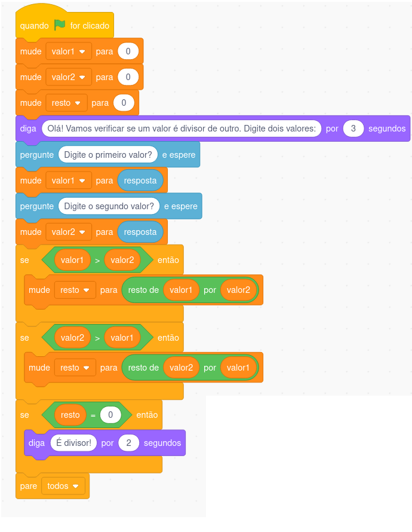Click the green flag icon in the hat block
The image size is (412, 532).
(60, 25)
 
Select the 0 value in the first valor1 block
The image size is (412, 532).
(128, 51)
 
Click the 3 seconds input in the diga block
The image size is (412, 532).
(353, 129)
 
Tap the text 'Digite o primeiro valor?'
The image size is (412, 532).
(108, 155)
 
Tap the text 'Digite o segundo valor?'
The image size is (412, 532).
(109, 206)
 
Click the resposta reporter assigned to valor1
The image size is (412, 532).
(140, 181)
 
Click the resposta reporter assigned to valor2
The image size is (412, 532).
(140, 232)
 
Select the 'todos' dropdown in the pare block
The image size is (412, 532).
(63, 486)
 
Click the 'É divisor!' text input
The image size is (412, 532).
(73, 443)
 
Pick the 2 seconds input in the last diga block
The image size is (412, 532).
(128, 443)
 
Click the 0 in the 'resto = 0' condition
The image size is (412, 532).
(110, 414)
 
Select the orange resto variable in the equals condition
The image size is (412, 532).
(70, 414)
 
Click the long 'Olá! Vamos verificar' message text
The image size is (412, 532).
(182, 129)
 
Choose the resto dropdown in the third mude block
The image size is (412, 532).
(66, 103)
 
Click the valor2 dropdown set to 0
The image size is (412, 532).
(69, 77)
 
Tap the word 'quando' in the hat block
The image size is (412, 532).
(34, 26)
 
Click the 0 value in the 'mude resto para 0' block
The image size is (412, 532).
(124, 103)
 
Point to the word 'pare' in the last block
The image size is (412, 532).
(29, 486)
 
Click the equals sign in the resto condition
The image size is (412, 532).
(93, 415)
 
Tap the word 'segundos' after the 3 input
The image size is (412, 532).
(387, 129)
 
